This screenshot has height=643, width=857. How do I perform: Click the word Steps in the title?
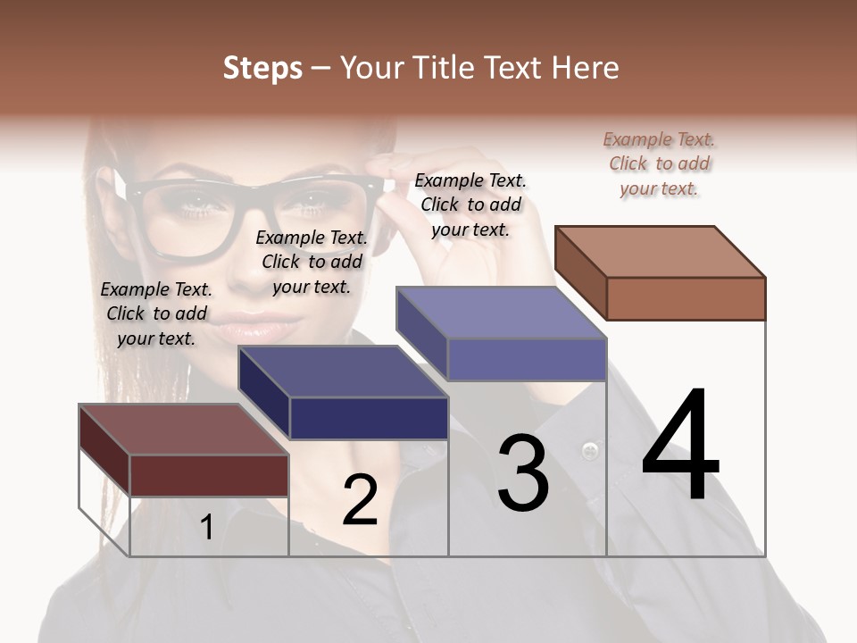pos(262,68)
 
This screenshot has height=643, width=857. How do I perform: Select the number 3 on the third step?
pos(523,473)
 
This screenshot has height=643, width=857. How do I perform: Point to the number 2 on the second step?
pos(361,500)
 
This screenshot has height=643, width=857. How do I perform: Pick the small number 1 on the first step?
pos(206,528)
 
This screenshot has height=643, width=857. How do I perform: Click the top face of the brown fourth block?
pos(660,252)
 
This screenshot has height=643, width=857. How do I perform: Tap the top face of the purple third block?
pos(502,313)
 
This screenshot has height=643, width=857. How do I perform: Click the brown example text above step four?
pos(660,164)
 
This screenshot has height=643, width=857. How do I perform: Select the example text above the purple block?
pos(470,205)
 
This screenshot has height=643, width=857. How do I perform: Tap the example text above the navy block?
pos(312,262)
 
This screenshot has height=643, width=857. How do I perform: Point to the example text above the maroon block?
pos(156,313)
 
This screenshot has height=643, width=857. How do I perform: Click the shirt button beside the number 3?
pos(589,449)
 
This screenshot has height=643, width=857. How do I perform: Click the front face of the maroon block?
pos(209,475)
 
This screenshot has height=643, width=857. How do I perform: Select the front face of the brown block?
pos(686,298)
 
